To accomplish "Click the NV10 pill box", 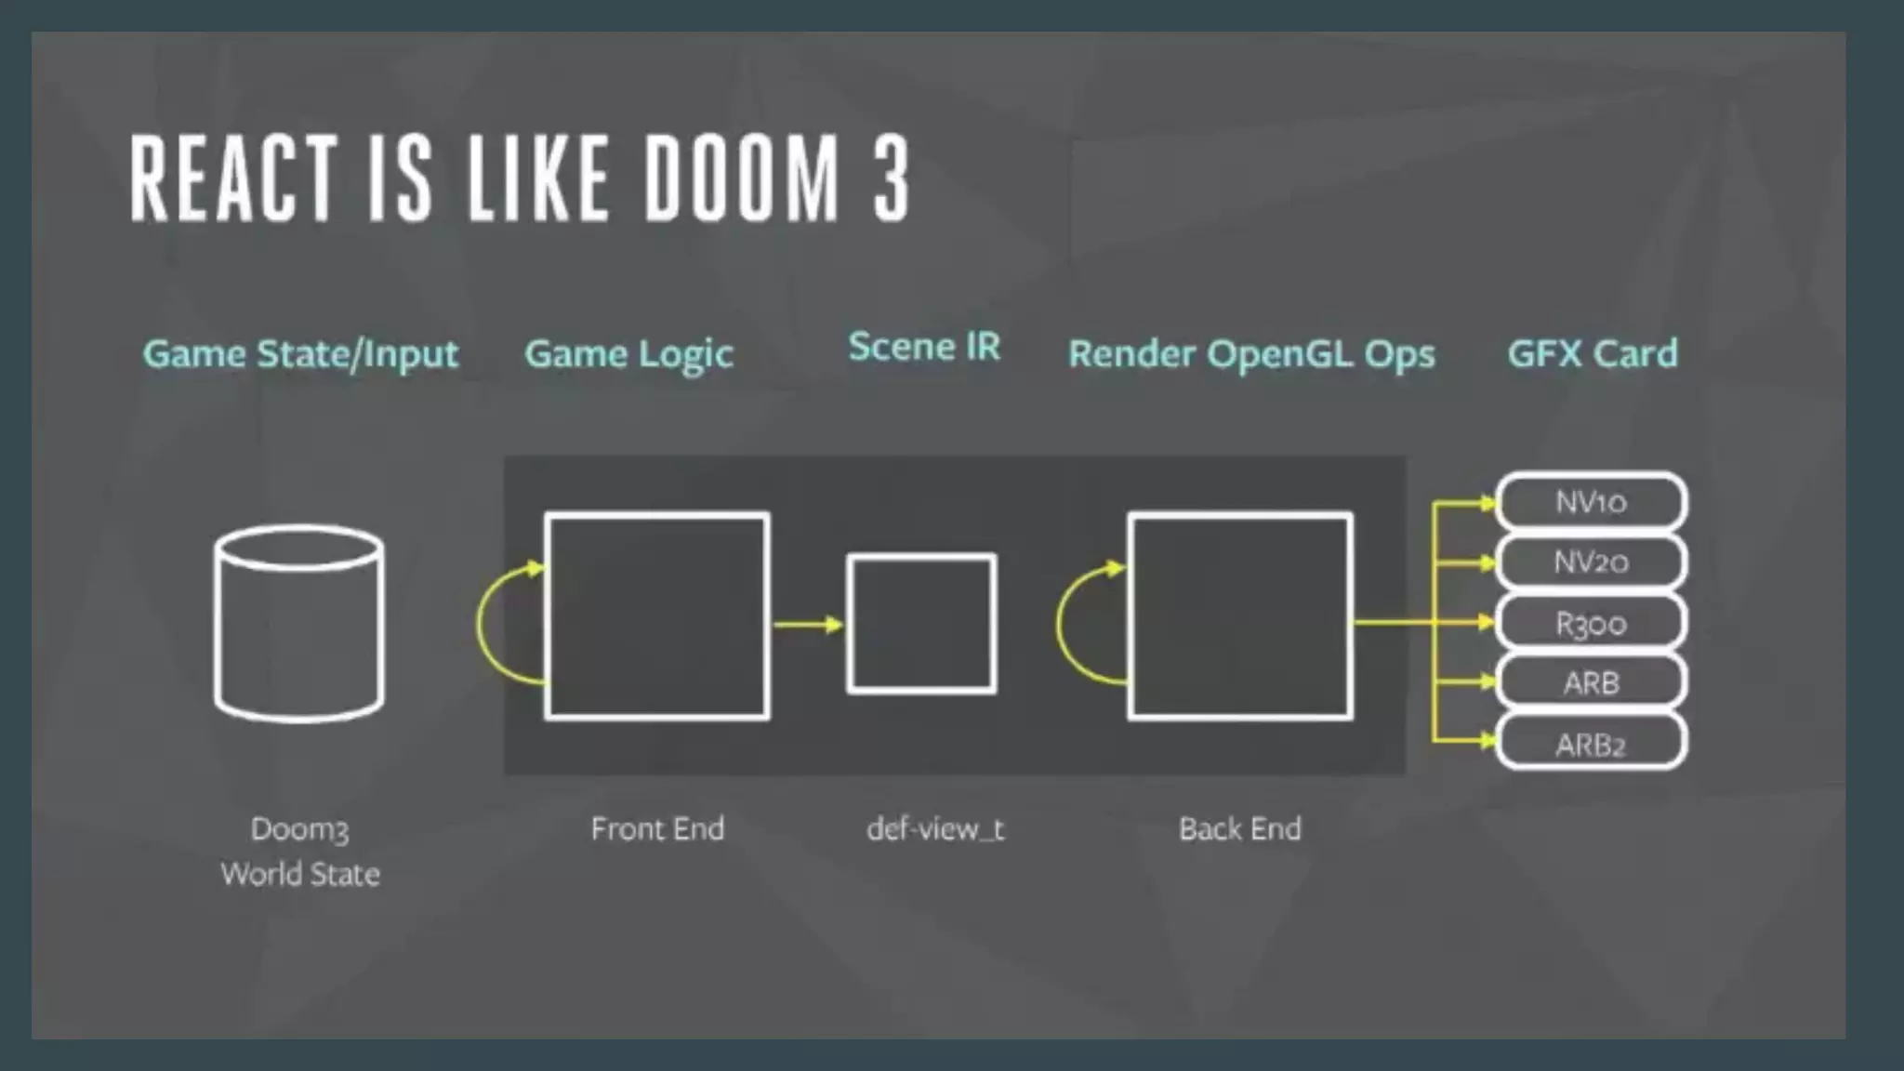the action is (1592, 502).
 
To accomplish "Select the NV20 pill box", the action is (1592, 562).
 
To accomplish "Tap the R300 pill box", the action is (1592, 623).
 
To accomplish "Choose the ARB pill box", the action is (1592, 682).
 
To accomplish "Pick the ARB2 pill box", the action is (1592, 744).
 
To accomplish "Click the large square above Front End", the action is (657, 615).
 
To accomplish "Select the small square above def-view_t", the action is (922, 624).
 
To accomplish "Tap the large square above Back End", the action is (1240, 615).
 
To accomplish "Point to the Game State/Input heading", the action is (300, 354).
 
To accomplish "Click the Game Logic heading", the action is (628, 354).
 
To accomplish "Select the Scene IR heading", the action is (924, 347).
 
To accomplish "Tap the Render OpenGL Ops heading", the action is (1251, 354).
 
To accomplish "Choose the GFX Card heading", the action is (1593, 353).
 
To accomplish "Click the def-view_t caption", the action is (935, 828).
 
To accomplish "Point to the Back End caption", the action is (1240, 828).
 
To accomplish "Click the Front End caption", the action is (657, 828).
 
